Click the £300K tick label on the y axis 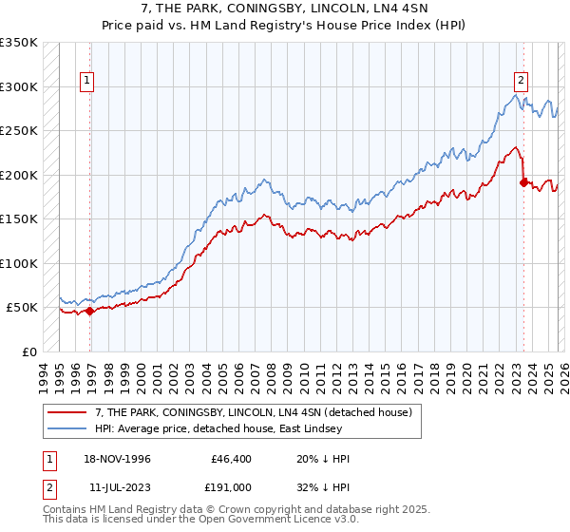tap(19, 86)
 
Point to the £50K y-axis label tap(22, 308)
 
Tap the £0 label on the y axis tap(29, 352)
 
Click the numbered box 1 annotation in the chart tap(86, 81)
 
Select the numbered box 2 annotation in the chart tap(522, 81)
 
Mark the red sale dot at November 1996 tap(89, 311)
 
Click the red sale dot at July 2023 tap(523, 182)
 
